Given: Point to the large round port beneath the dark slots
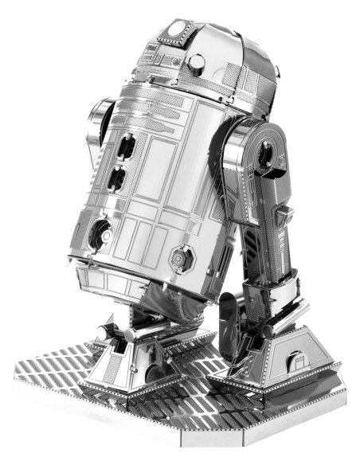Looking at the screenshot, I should tap(101, 232).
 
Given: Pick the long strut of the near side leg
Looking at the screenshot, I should tap(263, 231).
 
